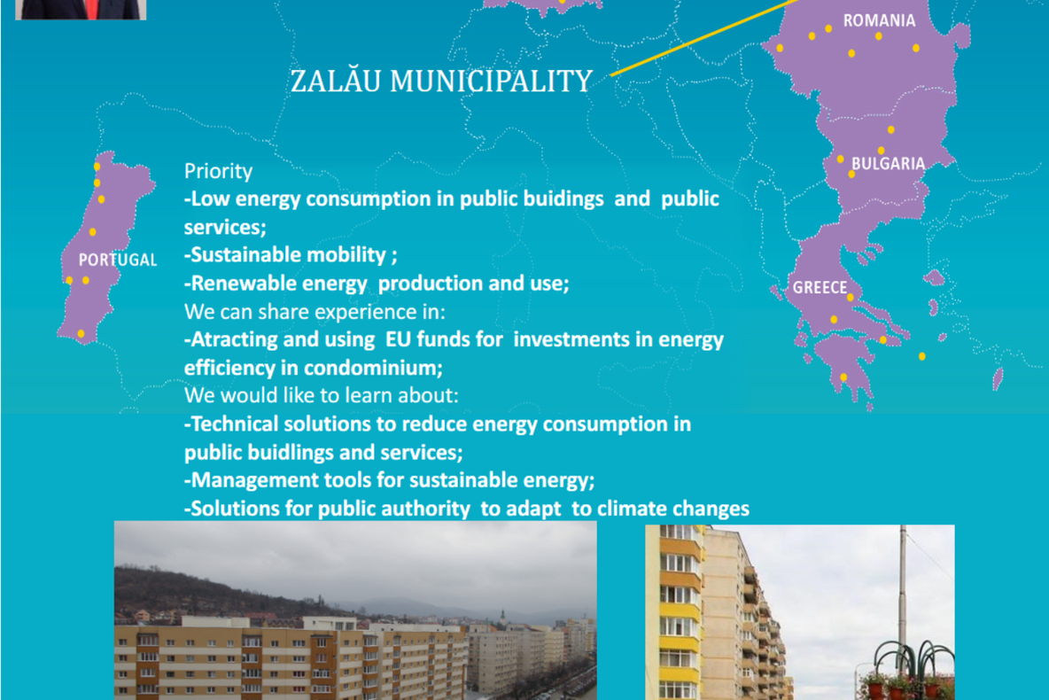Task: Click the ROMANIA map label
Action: [x=878, y=20]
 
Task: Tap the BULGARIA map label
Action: [x=888, y=164]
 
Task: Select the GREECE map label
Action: [x=820, y=288]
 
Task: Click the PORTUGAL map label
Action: [x=117, y=261]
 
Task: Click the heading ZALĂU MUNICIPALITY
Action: [x=440, y=82]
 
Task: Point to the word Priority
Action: [x=218, y=171]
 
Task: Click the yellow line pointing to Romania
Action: [x=700, y=41]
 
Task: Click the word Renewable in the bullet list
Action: [x=234, y=284]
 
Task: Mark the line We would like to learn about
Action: [x=321, y=396]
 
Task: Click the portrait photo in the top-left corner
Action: [x=80, y=9]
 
